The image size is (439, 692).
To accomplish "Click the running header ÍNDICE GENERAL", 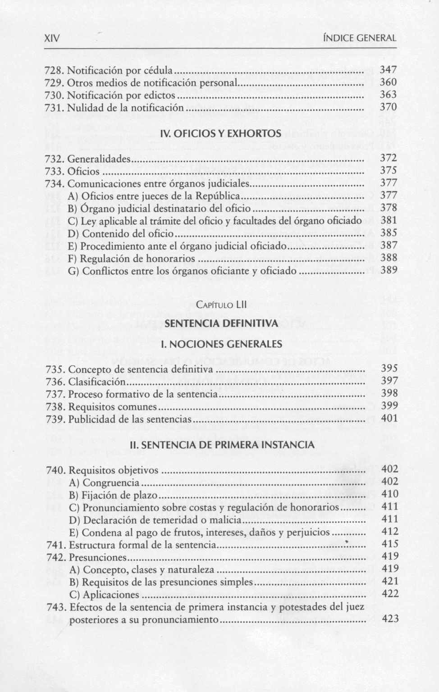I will pos(360,38).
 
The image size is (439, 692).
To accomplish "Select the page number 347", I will pos(388,70).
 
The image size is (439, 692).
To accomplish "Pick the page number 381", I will pos(389,220).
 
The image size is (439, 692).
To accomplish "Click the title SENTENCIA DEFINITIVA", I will pos(221,323).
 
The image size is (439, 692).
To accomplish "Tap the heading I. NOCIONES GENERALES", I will pos(221,344).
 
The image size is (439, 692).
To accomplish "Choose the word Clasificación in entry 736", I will pos(97,382).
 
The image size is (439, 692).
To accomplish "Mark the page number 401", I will pos(389,419).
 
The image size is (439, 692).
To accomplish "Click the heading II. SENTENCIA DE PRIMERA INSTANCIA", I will pos(221,445).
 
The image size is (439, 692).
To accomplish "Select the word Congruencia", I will pos(111,483).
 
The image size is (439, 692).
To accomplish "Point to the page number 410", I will pos(390,494).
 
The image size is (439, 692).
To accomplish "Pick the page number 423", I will pos(390,619).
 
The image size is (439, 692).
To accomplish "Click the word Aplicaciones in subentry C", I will pos(111,595).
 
